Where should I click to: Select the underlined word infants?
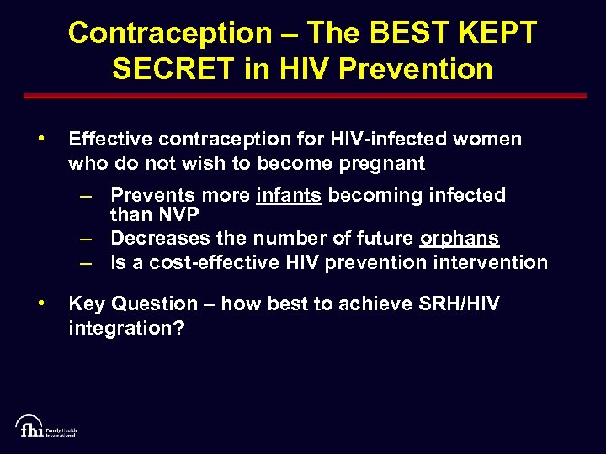click(x=289, y=195)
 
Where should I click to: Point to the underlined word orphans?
click(x=460, y=239)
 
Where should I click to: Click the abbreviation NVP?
click(x=174, y=214)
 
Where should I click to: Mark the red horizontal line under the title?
click(x=302, y=96)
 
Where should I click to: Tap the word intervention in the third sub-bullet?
click(x=489, y=262)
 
